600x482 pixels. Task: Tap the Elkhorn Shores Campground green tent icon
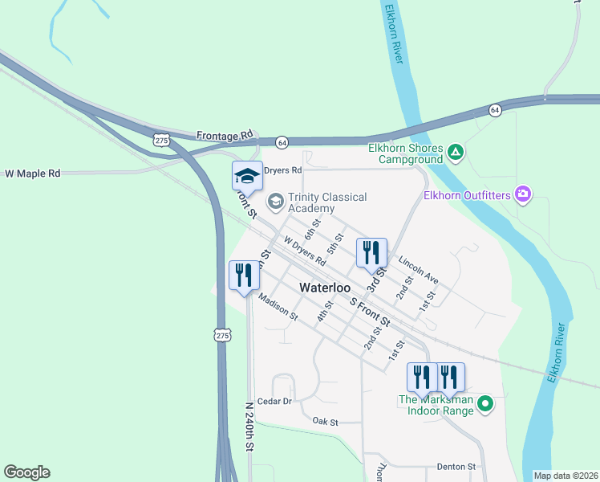(456, 151)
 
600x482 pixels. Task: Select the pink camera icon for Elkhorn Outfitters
(524, 193)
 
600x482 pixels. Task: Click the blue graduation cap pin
(247, 176)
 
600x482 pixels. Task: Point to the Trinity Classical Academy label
(326, 202)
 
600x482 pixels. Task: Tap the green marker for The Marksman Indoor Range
(484, 404)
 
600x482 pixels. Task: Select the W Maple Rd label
(33, 173)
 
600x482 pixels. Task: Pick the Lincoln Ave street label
(419, 271)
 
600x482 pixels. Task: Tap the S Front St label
(370, 311)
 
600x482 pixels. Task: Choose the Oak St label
(326, 421)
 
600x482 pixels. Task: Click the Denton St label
(456, 466)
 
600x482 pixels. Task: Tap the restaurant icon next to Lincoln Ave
(371, 252)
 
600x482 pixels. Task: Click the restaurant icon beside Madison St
(243, 275)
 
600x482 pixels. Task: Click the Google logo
(26, 472)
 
